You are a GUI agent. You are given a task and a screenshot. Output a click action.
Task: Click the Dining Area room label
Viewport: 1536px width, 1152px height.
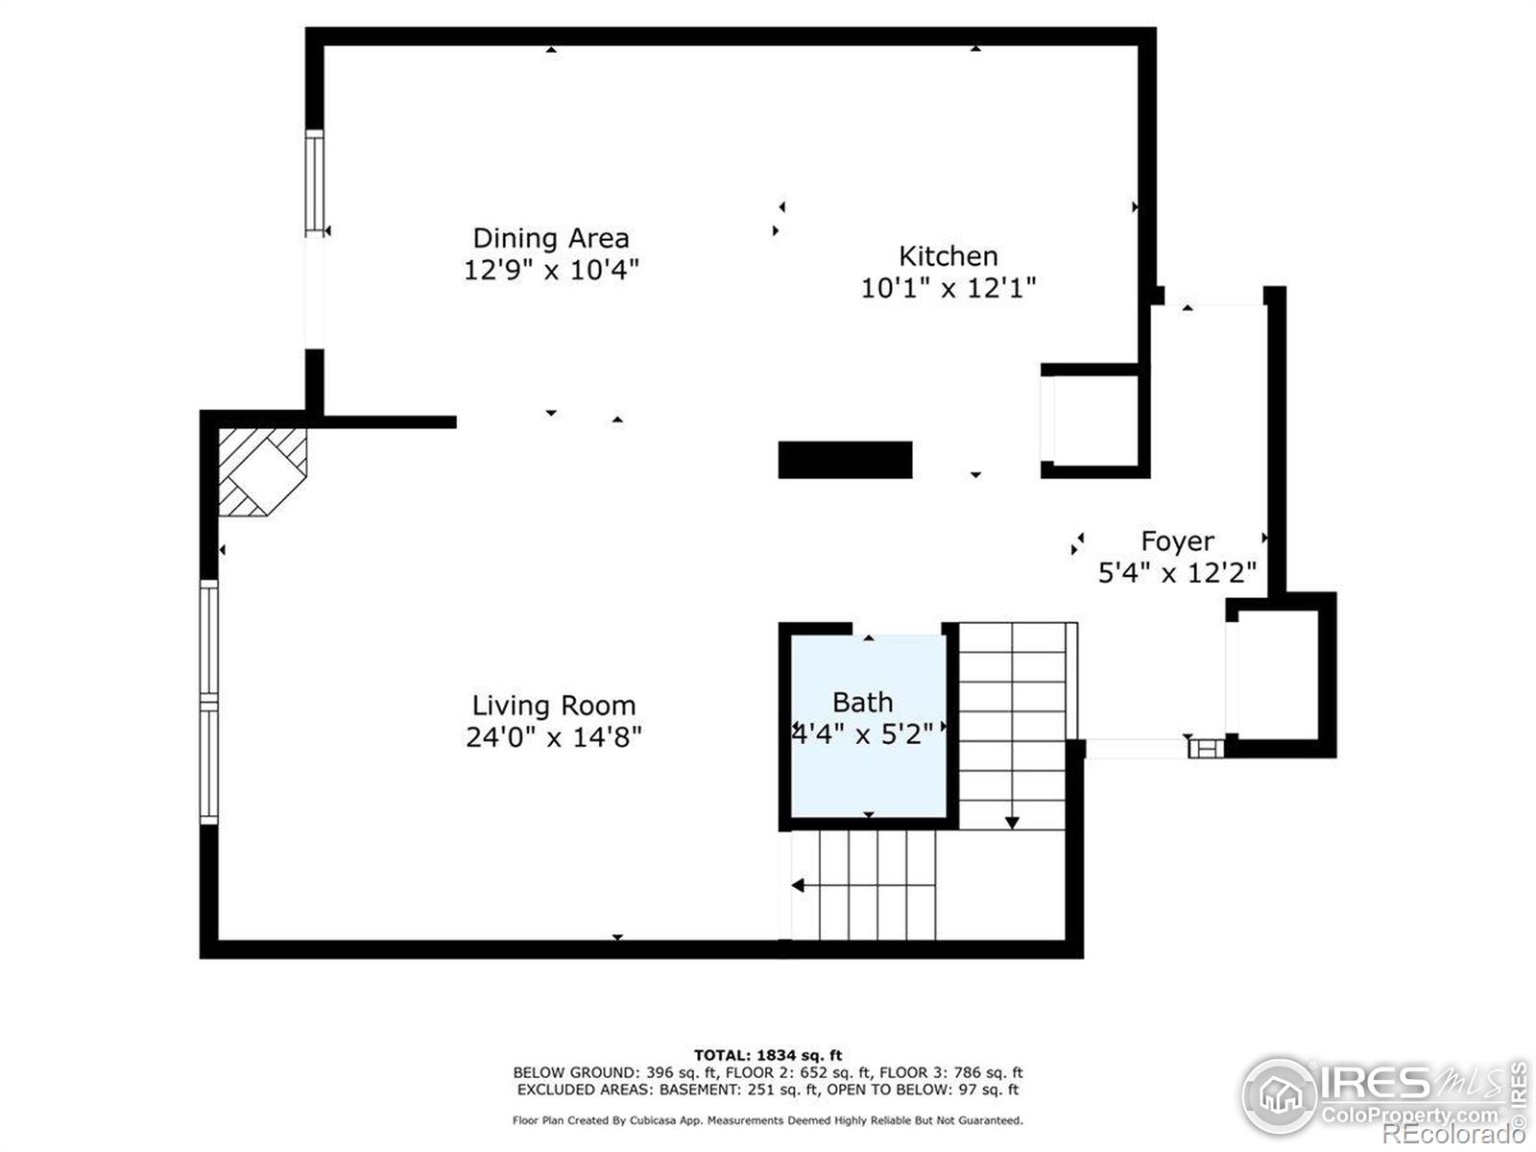[551, 238]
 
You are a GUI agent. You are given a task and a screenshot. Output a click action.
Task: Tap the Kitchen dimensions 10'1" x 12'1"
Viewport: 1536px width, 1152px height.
[948, 287]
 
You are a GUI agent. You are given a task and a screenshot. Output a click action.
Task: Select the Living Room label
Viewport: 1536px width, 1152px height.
[554, 706]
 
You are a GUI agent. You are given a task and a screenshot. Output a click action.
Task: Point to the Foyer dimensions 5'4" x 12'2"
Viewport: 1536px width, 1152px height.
[1177, 573]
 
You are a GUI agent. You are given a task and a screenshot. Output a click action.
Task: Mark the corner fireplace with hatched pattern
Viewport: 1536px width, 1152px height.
[261, 471]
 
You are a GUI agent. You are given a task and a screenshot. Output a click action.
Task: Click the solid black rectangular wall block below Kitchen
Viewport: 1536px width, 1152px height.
[845, 460]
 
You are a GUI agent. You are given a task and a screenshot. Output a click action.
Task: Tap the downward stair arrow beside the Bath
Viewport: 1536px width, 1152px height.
[1012, 822]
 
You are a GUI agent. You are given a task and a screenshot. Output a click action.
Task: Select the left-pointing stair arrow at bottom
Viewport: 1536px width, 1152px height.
[799, 885]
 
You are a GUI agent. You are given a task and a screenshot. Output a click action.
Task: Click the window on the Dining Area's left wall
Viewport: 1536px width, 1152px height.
[314, 182]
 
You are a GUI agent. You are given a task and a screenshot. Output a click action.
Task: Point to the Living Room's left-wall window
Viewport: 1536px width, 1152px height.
[208, 702]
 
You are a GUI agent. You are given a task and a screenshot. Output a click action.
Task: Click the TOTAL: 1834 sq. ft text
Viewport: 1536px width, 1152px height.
[768, 1056]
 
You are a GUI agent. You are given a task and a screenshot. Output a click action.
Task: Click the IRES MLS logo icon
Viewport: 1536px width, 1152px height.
[1280, 1095]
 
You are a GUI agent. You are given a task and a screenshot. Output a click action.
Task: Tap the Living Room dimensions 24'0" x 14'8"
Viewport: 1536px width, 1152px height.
[554, 737]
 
